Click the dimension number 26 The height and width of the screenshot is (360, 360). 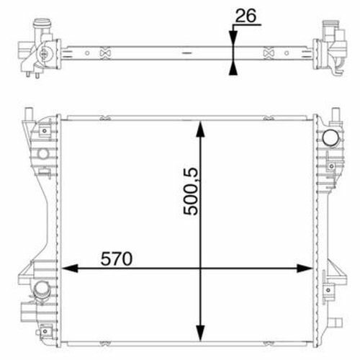click(246, 16)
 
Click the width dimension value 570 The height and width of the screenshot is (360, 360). click(117, 258)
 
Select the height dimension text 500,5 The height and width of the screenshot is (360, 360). click(191, 192)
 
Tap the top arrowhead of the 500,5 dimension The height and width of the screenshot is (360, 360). click(200, 129)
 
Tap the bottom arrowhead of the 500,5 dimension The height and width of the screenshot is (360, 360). click(200, 333)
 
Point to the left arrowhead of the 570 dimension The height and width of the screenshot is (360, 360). click(70, 269)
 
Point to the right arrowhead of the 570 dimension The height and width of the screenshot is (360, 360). click(305, 269)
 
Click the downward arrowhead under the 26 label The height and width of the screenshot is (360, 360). click(233, 39)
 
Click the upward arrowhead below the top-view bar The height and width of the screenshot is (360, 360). click(233, 68)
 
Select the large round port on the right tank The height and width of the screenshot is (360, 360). click(330, 138)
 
